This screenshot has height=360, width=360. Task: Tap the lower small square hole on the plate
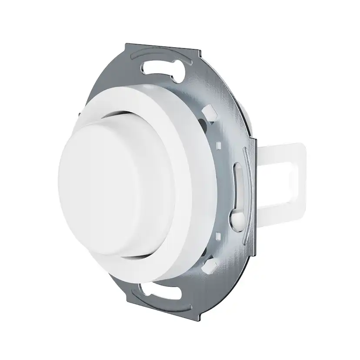[x=217, y=236]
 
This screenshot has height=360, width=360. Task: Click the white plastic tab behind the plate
[x=283, y=174]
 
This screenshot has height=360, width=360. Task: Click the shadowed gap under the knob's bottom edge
[x=130, y=260]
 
